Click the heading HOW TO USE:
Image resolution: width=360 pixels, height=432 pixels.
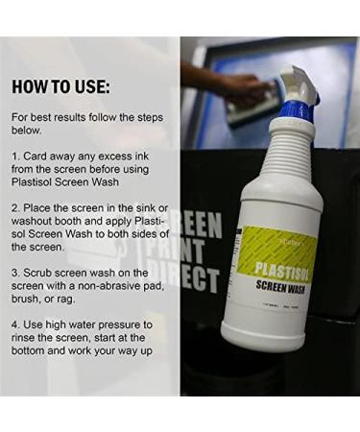coord(60,86)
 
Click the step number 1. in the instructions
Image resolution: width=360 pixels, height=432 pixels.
coord(15,154)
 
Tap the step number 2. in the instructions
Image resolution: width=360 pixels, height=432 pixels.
coord(15,206)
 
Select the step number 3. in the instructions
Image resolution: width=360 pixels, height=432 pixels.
coord(15,273)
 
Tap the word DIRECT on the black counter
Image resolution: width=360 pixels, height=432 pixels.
coord(201,279)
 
